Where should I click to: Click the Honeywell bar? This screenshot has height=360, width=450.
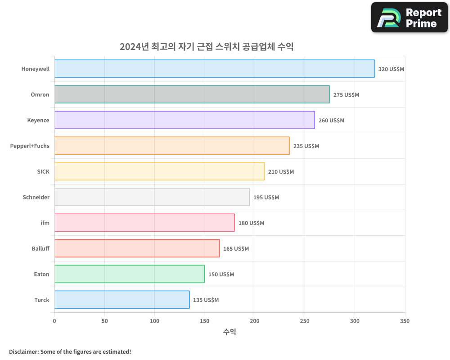[x=215, y=69]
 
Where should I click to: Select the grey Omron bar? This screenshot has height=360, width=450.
[x=192, y=94]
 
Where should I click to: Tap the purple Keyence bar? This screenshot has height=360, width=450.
[x=184, y=120]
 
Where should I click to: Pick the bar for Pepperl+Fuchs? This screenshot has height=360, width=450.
[x=172, y=146]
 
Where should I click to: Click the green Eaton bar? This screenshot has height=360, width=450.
[x=130, y=274]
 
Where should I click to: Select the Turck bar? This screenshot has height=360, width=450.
[x=122, y=300]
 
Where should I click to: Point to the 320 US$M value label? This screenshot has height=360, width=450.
[x=391, y=69]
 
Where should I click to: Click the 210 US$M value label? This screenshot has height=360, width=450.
[x=281, y=172]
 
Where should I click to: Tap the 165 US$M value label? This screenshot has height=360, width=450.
[x=236, y=249]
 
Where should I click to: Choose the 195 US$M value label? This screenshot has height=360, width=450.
[x=266, y=198]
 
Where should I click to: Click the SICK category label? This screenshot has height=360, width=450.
[x=43, y=171]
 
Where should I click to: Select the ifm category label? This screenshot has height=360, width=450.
[x=45, y=223]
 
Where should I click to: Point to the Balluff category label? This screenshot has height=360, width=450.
[x=40, y=248]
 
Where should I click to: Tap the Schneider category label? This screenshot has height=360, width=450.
[x=36, y=197]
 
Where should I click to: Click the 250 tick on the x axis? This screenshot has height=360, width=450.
[x=305, y=321]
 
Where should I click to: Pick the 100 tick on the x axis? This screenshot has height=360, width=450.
[x=154, y=321]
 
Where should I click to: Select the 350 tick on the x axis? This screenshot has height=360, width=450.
[x=405, y=321]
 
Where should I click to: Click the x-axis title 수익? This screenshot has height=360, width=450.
[x=229, y=332]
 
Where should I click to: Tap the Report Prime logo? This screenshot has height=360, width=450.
[x=409, y=18]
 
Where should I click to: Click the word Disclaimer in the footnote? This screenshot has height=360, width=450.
[x=23, y=351]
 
